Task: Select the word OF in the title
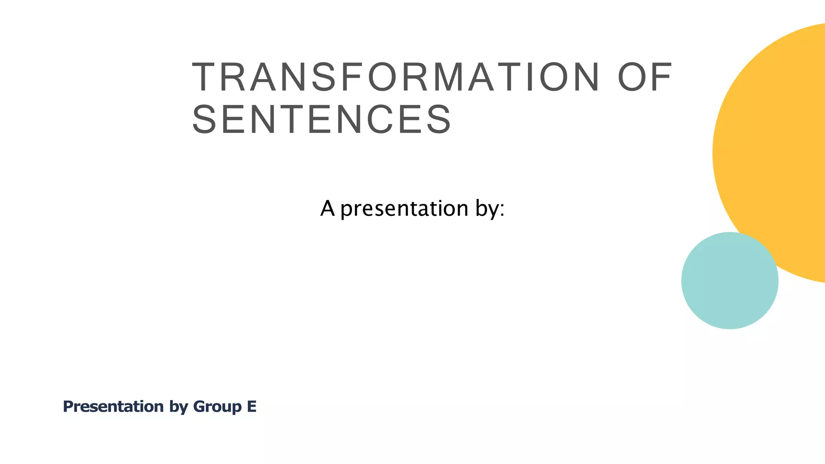(645, 77)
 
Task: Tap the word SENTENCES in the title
(321, 120)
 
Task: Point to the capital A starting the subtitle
(328, 209)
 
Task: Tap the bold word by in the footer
(178, 407)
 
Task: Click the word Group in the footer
(217, 407)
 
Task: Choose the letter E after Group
(252, 406)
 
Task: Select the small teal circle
(730, 281)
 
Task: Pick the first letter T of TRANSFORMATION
(205, 77)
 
